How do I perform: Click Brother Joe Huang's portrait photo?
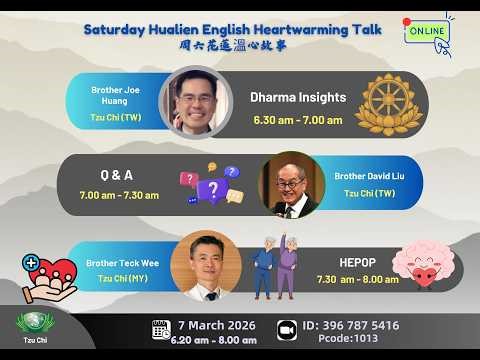(189, 101)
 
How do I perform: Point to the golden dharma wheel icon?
(389, 104)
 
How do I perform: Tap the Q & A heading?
(118, 174)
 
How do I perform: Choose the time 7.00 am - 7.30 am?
(118, 194)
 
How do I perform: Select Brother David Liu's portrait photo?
(291, 185)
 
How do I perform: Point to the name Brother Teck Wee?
(119, 263)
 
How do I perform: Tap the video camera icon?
(286, 330)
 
